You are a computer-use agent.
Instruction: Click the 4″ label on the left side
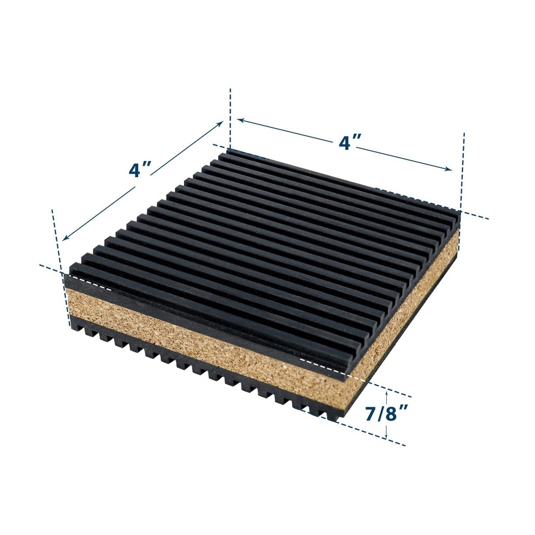(140, 168)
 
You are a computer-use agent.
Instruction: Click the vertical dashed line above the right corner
(461, 167)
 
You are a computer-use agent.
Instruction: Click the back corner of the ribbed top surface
(229, 150)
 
